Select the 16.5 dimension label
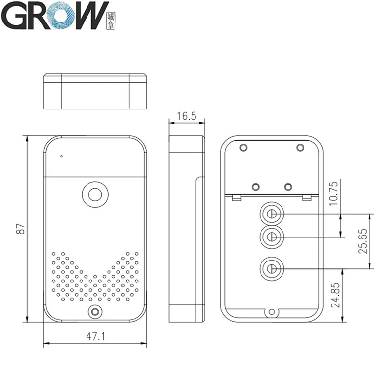[x=186, y=116]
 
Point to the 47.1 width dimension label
[x=96, y=337]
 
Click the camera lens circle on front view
[x=95, y=194]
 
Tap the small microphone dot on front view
[x=62, y=157]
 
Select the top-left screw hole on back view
[x=243, y=147]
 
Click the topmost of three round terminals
[x=271, y=214]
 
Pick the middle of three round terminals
[x=271, y=237]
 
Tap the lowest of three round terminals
[x=271, y=268]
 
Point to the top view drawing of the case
[x=96, y=91]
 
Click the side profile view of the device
[x=186, y=228]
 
